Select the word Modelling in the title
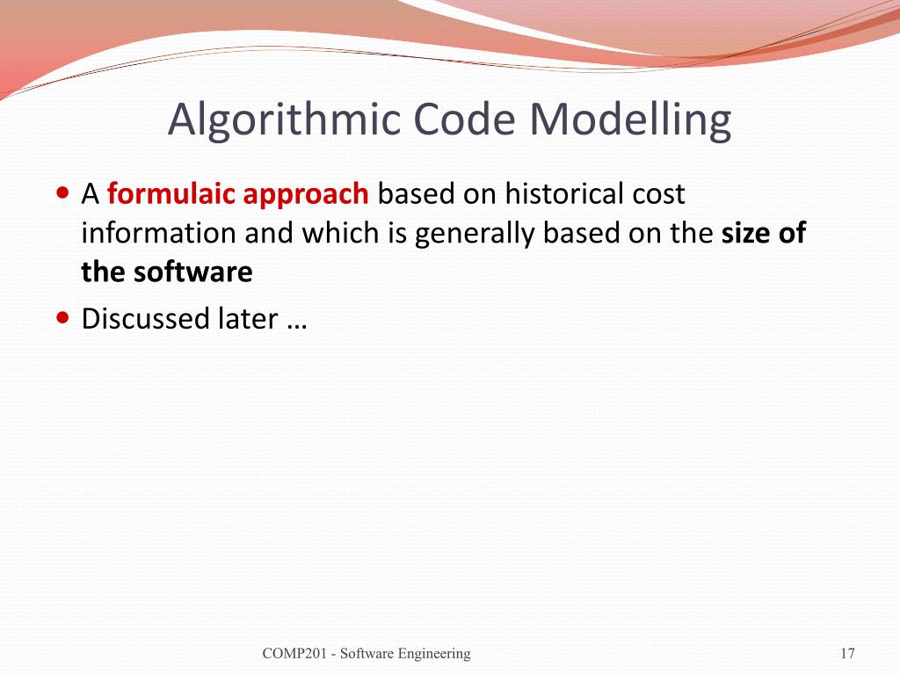630,120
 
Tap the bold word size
745,233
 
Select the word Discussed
146,318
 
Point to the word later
248,318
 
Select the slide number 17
848,653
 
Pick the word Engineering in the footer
433,653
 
